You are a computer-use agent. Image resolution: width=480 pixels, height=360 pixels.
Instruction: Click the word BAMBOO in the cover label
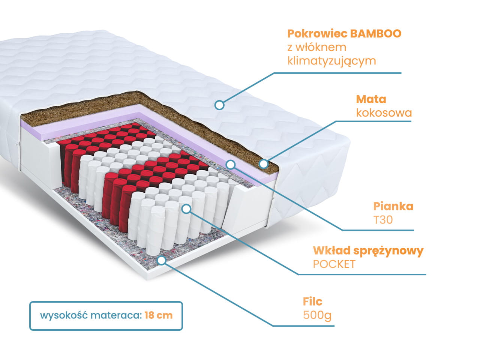tap(376, 34)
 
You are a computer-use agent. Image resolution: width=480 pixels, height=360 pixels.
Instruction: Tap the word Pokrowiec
tap(317, 34)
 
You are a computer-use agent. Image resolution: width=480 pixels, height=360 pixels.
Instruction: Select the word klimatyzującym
tap(331, 61)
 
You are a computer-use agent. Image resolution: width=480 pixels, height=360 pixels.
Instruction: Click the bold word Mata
tap(371, 99)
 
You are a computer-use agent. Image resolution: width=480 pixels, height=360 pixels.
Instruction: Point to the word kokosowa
tap(384, 112)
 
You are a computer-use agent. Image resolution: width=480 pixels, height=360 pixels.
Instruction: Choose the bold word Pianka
tap(393, 206)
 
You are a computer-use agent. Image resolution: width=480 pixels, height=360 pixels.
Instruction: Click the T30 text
tap(383, 219)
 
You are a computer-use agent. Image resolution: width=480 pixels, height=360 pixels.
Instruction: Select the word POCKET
tap(334, 264)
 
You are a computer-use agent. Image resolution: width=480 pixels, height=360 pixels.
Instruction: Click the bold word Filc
tap(312, 301)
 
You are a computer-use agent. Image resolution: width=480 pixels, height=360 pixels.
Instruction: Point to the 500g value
tap(317, 315)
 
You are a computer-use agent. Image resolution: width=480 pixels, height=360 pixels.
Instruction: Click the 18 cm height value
tap(158, 315)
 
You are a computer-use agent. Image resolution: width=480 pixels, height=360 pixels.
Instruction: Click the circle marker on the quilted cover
tap(219, 105)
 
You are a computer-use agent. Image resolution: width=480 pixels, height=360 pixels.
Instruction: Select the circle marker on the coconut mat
tap(264, 164)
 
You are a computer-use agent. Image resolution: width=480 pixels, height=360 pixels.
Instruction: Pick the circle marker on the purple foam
tap(231, 164)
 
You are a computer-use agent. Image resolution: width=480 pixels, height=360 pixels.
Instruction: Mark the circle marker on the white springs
tap(186, 209)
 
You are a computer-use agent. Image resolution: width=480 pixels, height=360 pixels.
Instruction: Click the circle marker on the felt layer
tap(161, 260)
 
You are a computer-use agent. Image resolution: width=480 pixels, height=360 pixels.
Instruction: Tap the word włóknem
tap(321, 47)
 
